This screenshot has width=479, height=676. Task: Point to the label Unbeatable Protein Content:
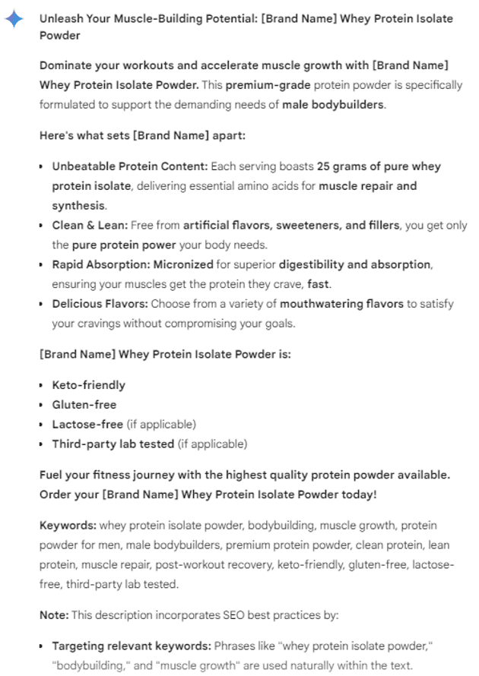pos(129,166)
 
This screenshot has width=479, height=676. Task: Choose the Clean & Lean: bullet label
pos(90,225)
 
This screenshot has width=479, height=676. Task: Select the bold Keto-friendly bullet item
pos(88,385)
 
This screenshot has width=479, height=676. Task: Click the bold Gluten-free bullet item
pos(84,405)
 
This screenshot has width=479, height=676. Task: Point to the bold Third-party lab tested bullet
pos(113,444)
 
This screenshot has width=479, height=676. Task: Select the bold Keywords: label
pos(68,526)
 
